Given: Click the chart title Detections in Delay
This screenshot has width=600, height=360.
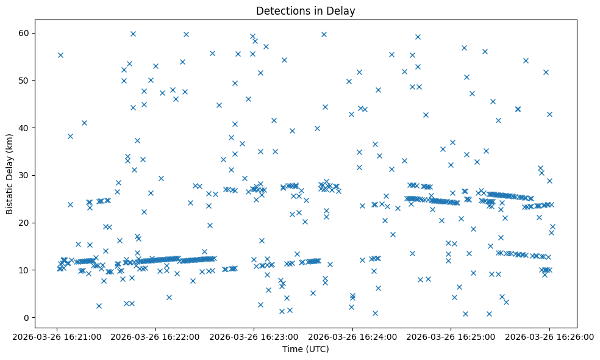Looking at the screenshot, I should (x=305, y=11).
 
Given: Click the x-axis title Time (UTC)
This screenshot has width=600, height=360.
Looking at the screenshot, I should (x=305, y=349).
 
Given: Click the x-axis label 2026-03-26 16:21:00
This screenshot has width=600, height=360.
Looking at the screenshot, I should (x=57, y=336).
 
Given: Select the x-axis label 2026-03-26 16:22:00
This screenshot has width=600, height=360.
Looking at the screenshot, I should (x=155, y=336).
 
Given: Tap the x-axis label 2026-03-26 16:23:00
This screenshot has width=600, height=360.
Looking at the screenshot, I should (x=254, y=336).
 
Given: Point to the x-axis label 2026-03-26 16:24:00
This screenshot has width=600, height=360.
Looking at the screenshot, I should (x=352, y=336).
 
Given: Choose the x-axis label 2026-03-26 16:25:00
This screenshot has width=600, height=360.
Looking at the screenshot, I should (x=451, y=336).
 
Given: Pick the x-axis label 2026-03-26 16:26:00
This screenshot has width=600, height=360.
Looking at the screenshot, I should (x=549, y=336).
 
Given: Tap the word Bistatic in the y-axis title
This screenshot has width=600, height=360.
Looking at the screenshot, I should (x=10, y=192).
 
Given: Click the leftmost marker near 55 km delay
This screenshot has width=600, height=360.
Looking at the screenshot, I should (x=60, y=55).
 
